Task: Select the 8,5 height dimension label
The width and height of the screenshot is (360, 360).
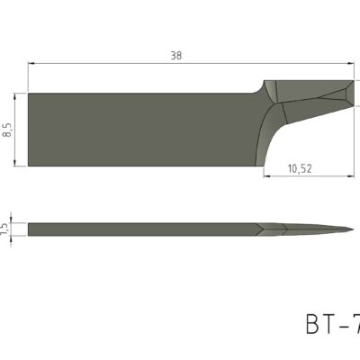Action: click(x=8, y=130)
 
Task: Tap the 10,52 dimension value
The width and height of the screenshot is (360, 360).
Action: click(x=301, y=166)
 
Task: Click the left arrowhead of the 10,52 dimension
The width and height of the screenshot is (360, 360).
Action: click(x=266, y=175)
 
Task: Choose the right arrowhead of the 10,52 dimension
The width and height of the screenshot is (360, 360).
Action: click(x=355, y=175)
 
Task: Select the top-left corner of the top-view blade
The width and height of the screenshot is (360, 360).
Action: click(x=29, y=94)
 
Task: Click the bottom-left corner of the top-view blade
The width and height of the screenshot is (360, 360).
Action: click(x=29, y=166)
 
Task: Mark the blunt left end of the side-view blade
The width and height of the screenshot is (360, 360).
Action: click(x=29, y=229)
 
